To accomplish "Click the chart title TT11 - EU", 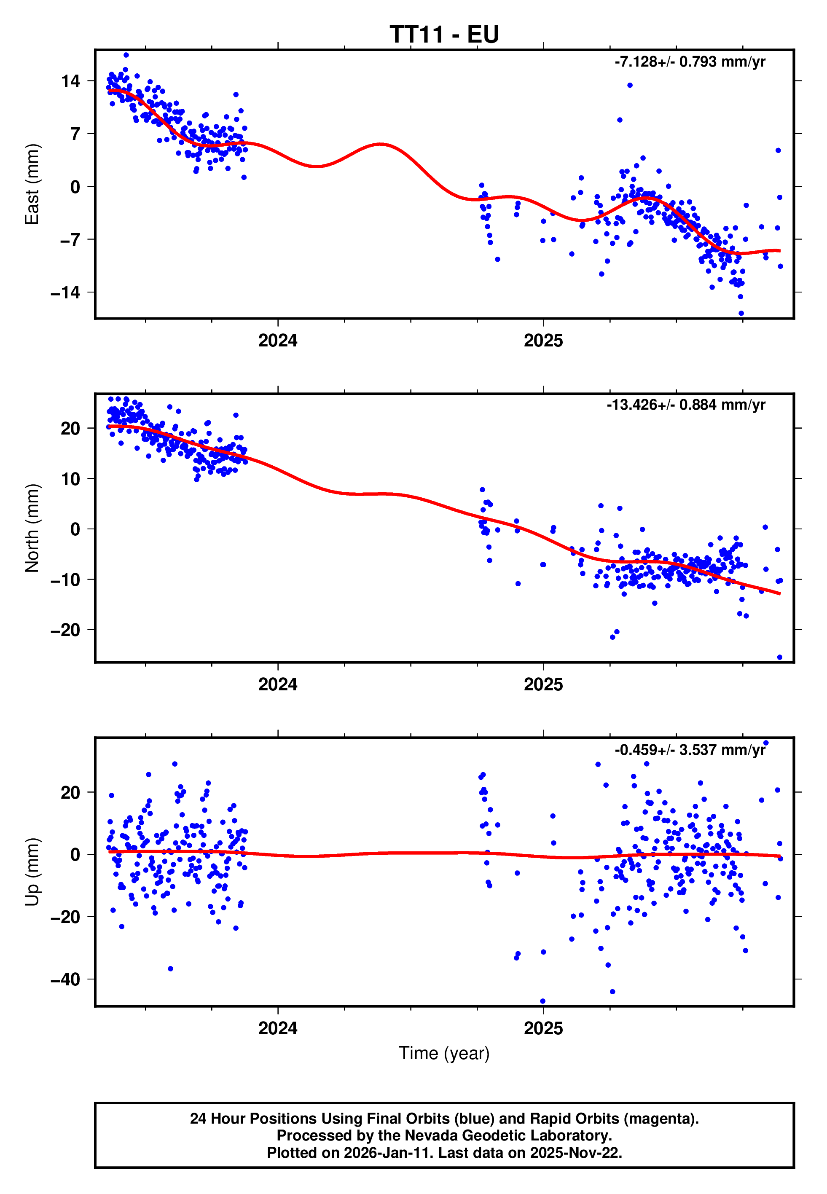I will point(444,35).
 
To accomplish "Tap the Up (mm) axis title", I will point(32,872).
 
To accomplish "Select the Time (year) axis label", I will point(444,1053).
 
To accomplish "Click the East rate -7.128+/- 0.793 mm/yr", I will point(690,62).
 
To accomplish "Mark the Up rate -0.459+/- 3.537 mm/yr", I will point(690,749).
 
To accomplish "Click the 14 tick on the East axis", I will point(70,81).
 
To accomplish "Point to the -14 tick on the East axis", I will point(65,292).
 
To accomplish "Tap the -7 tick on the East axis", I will point(70,240).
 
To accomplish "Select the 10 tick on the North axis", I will point(70,479).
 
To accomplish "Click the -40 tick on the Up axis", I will point(65,979).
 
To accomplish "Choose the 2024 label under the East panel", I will point(278,341).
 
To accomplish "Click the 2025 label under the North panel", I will point(543,685).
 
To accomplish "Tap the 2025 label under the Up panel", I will point(543,1028).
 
